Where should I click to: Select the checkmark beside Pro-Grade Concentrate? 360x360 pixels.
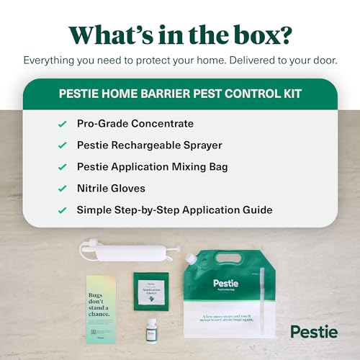pos(62,125)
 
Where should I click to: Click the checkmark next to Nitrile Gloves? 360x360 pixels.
pos(62,189)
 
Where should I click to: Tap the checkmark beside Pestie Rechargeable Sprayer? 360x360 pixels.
pos(62,146)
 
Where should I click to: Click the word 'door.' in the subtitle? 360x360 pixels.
pos(323,61)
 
